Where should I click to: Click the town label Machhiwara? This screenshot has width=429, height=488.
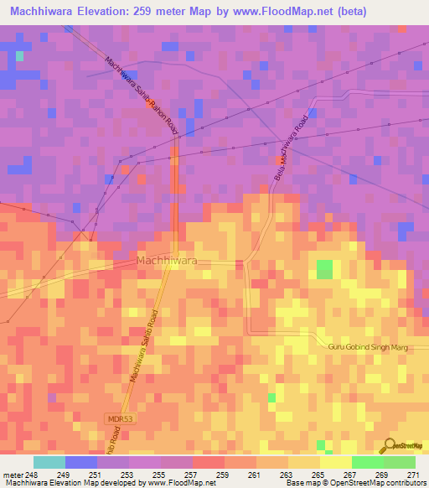pos(167,261)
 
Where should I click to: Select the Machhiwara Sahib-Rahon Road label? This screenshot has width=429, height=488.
pos(143,95)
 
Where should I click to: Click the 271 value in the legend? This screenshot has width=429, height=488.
pos(416,474)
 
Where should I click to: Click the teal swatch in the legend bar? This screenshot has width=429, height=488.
pos(49,462)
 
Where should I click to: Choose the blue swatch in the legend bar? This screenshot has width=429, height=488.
pos(81,462)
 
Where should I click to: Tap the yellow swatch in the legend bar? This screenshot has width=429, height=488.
pos(336,462)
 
